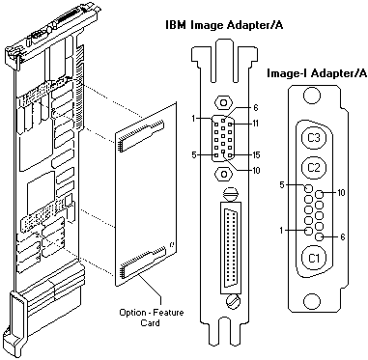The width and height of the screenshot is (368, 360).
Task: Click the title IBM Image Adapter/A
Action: pyautogui.click(x=224, y=25)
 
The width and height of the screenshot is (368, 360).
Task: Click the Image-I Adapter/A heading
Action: pyautogui.click(x=317, y=73)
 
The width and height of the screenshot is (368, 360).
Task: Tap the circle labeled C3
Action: pyautogui.click(x=314, y=138)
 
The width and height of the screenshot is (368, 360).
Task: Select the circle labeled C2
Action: pyautogui.click(x=314, y=168)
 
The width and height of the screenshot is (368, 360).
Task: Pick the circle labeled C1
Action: pyautogui.click(x=314, y=258)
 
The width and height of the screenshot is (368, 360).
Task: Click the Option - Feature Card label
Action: pyautogui.click(x=151, y=318)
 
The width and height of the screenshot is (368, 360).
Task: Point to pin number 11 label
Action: pyautogui.click(x=255, y=124)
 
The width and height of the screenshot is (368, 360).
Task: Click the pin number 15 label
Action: pyautogui.click(x=255, y=155)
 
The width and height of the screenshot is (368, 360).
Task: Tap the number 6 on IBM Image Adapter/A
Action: pyautogui.click(x=256, y=108)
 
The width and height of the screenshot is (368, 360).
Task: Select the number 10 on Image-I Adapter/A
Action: pyautogui.click(x=341, y=193)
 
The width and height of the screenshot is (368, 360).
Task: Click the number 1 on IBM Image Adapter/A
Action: pyautogui.click(x=193, y=119)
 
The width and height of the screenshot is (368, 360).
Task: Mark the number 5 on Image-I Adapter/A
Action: pyautogui.click(x=282, y=185)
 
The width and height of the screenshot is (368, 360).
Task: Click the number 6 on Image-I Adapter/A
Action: pyautogui.click(x=342, y=237)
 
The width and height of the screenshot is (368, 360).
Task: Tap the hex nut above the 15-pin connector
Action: pyautogui.click(x=223, y=103)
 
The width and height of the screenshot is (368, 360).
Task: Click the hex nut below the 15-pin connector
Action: pyautogui.click(x=223, y=174)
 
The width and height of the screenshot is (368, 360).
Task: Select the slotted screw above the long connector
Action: pyautogui.click(x=230, y=194)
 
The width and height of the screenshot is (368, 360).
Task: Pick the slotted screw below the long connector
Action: pyautogui.click(x=233, y=301)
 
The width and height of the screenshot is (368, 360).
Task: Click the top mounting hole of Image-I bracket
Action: pyautogui.click(x=312, y=96)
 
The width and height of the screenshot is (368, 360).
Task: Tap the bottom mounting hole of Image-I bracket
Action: pyautogui.click(x=312, y=301)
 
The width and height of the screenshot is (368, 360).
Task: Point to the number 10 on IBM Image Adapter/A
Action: pyautogui.click(x=256, y=171)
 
